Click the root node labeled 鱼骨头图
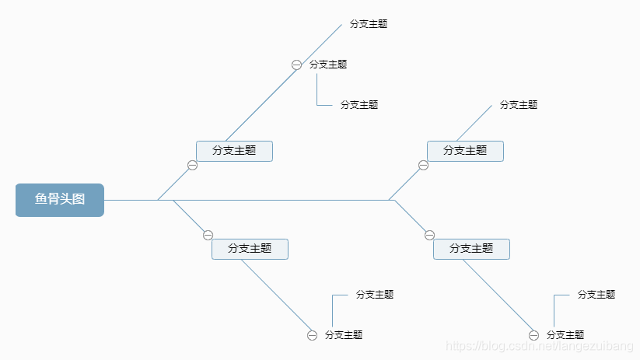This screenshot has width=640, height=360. coord(60,200)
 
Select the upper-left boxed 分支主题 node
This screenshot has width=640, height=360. coord(234,151)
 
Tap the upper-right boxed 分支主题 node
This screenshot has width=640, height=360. coord(465,151)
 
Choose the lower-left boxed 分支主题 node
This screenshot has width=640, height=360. coord(250,249)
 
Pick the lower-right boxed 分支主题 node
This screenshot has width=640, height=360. coord(471,249)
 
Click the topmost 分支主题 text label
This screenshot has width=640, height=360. coord(369,24)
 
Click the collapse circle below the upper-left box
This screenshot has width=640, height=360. coord(192,165)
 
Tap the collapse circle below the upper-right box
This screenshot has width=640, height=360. coord(423,165)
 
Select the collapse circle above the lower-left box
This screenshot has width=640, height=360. coord(208,235)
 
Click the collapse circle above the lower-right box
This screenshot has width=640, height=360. coord(429,235)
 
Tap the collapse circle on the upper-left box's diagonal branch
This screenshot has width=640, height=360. coord(296,65)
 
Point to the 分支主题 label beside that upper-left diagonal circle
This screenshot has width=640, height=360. coord(328,65)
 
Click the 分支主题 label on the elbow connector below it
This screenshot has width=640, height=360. coord(359,105)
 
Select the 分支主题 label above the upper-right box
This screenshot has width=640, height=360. coord(519,105)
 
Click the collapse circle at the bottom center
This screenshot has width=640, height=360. coord(312,335)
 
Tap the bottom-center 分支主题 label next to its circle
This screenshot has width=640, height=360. coord(344,335)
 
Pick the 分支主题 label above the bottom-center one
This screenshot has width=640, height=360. coord(375,295)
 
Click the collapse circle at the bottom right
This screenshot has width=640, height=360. coord(533,335)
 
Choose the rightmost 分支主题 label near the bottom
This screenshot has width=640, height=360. coord(596,295)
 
